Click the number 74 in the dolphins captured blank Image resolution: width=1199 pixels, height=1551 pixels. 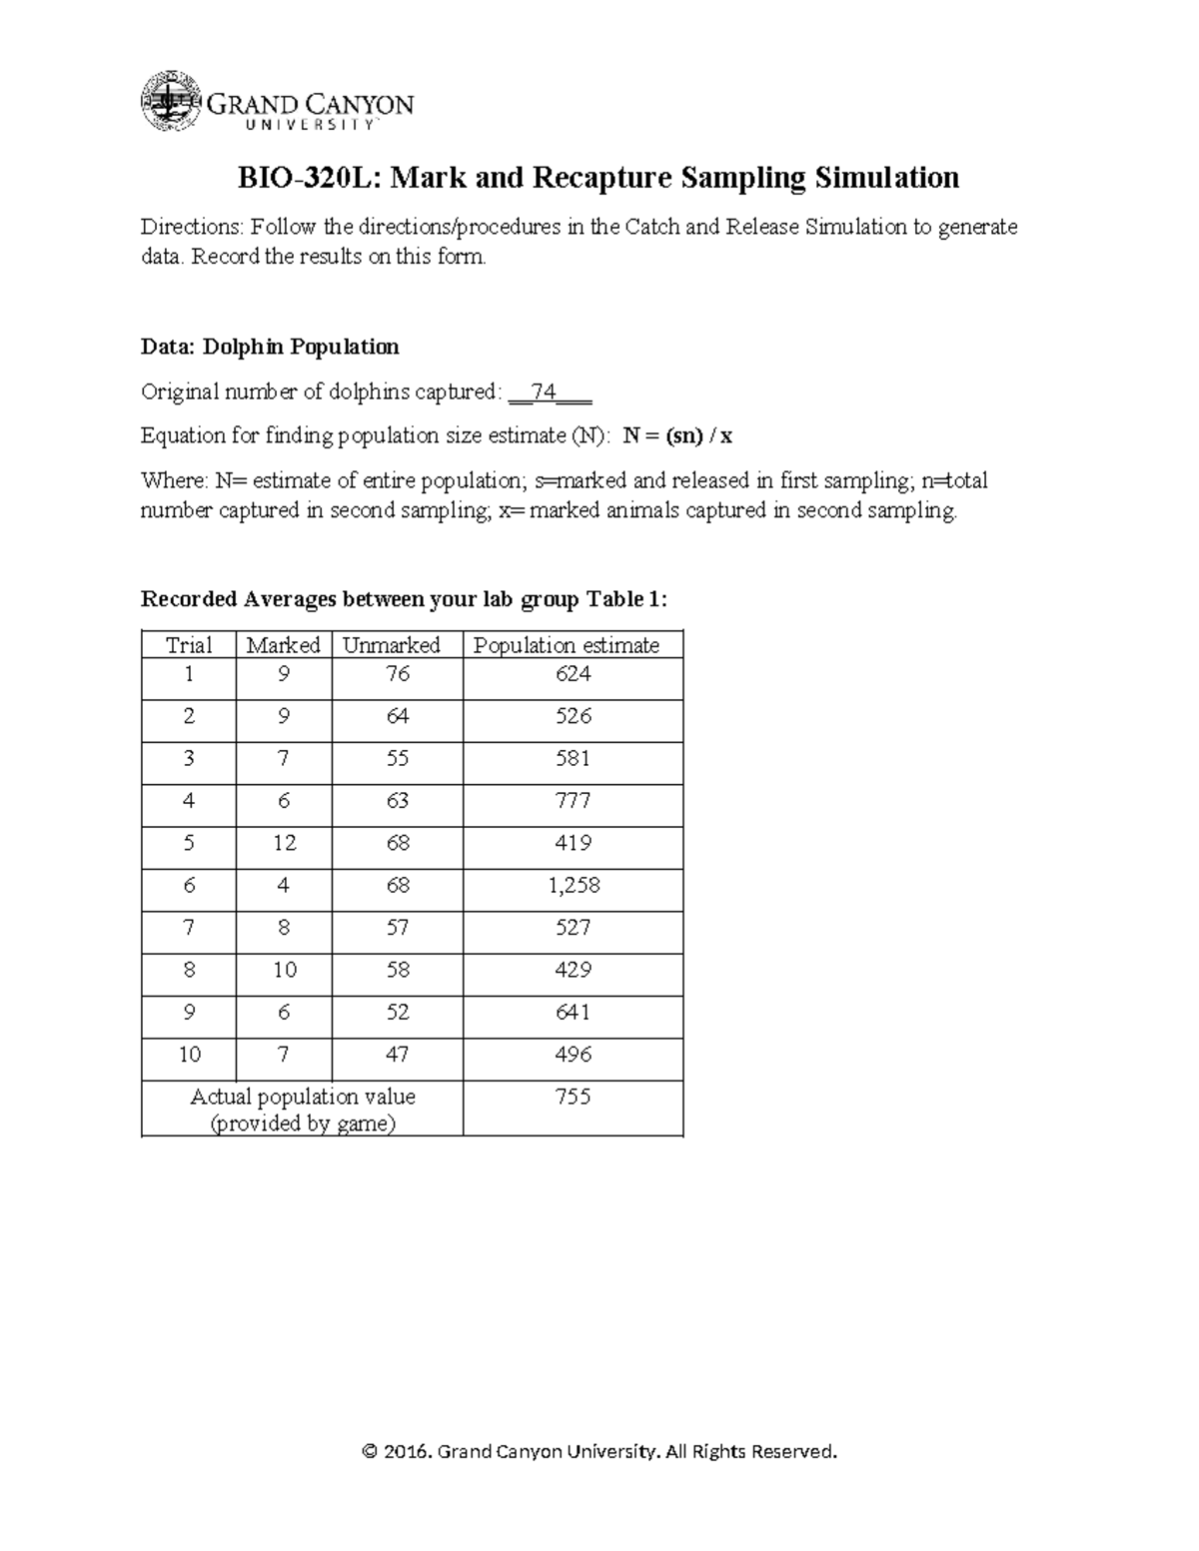(544, 391)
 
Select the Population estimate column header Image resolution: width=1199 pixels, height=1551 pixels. (567, 645)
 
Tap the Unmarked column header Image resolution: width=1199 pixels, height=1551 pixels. (391, 645)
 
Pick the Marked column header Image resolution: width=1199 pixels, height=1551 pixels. (283, 645)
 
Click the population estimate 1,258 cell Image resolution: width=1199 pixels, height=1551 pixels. (574, 885)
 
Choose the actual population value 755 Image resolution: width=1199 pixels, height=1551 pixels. (574, 1097)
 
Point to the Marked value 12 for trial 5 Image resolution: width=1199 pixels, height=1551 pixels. (284, 843)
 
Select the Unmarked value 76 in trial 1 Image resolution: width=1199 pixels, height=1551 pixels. (398, 674)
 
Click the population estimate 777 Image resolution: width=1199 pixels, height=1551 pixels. (574, 801)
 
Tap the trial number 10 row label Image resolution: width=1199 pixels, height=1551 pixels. (189, 1055)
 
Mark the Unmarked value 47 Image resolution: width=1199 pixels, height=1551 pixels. (398, 1055)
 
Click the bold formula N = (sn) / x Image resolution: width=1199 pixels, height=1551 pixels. (677, 435)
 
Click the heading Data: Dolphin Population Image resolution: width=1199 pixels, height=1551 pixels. (270, 347)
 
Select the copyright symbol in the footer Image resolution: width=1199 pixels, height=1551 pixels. (370, 1451)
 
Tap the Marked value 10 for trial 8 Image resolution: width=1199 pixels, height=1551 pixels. (284, 970)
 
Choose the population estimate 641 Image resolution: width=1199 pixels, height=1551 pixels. (574, 1012)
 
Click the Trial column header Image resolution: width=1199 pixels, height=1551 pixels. (189, 645)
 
